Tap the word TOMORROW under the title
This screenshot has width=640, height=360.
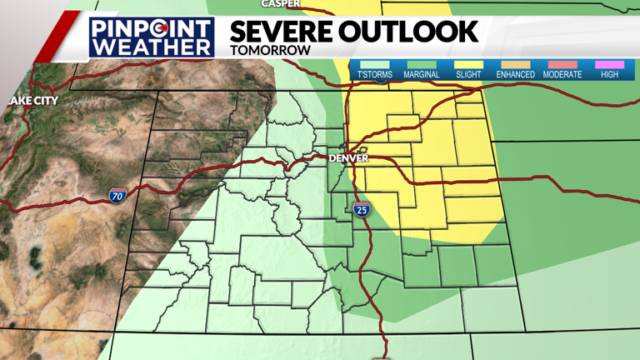(x=270, y=50)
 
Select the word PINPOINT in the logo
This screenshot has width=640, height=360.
(x=152, y=28)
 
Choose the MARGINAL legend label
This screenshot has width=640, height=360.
(x=422, y=75)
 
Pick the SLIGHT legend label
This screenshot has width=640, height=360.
(x=468, y=75)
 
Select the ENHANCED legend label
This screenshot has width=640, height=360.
(x=515, y=75)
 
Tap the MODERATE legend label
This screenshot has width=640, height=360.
(x=562, y=75)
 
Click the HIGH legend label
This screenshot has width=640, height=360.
(x=609, y=75)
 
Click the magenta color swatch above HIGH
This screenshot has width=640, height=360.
(x=609, y=64)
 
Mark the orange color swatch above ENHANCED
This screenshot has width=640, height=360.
(x=515, y=64)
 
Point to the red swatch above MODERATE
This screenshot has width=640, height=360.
(x=562, y=64)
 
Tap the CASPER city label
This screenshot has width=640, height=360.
(x=281, y=4)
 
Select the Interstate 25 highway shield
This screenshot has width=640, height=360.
(x=361, y=209)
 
